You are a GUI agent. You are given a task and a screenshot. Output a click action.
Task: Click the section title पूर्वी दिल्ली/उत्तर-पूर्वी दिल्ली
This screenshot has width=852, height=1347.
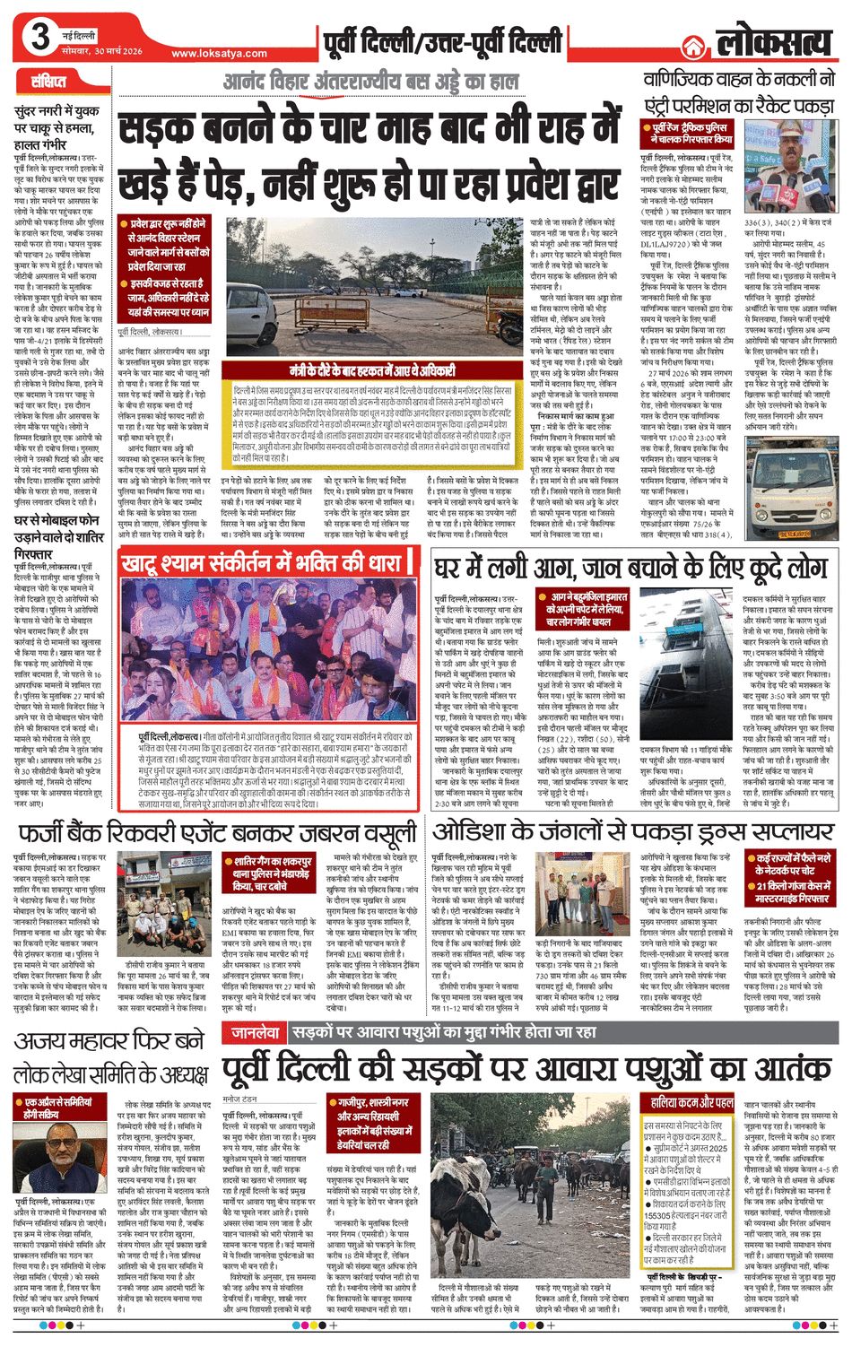pyautogui.click(x=445, y=41)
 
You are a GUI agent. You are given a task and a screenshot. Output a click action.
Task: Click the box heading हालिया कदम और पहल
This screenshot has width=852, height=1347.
pyautogui.click(x=691, y=1102)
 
